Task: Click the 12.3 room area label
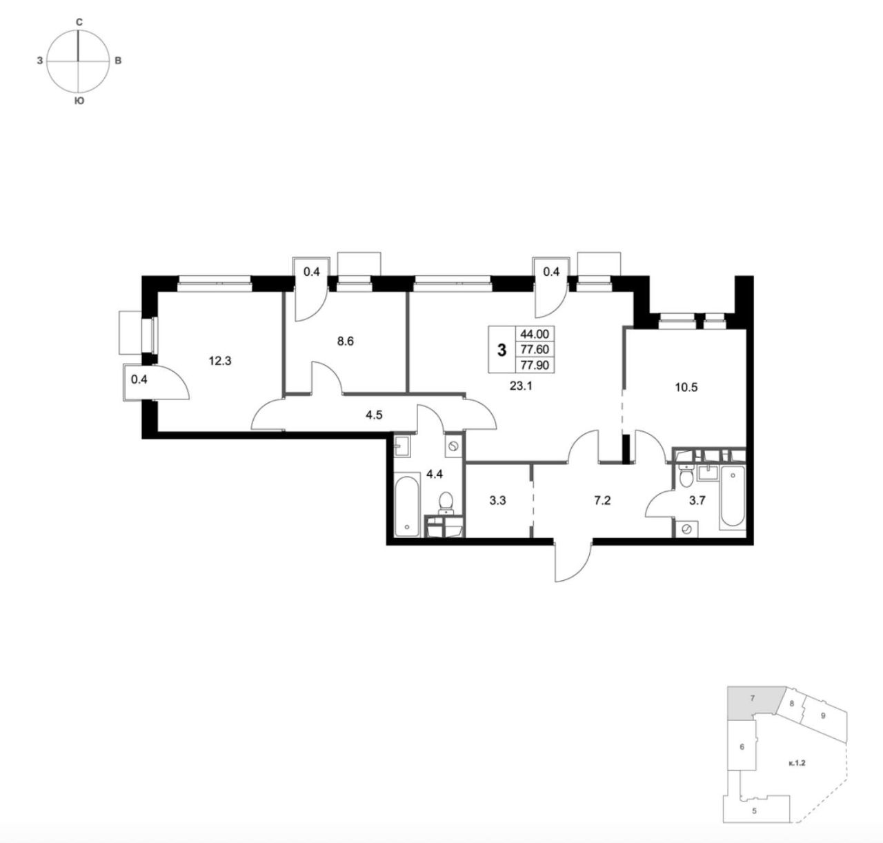(x=220, y=361)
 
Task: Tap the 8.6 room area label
(x=346, y=341)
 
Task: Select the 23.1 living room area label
(x=521, y=386)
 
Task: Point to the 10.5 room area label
(x=686, y=388)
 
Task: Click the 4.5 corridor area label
(x=374, y=415)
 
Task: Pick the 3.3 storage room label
(x=498, y=501)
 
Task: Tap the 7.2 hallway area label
(x=602, y=500)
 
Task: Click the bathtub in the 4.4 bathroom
(x=407, y=506)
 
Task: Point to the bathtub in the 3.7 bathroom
(x=733, y=497)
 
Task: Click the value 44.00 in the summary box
(x=535, y=335)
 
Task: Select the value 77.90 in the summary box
(x=535, y=365)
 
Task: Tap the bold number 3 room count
(x=502, y=350)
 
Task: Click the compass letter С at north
(x=79, y=22)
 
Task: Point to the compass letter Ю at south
(x=79, y=101)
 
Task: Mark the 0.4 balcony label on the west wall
(x=139, y=379)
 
